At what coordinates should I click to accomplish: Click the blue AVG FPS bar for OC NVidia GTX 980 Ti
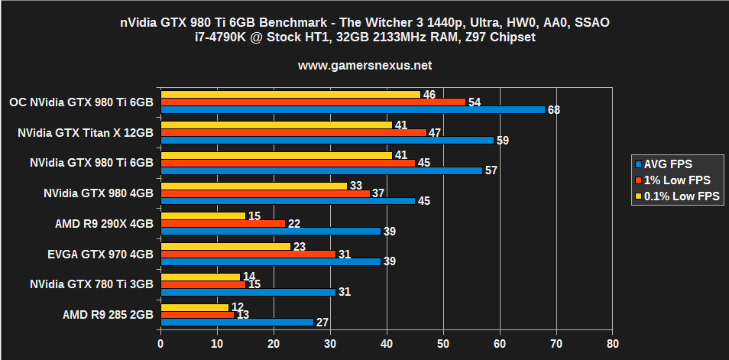point(352,109)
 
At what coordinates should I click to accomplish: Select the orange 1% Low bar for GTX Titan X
point(293,132)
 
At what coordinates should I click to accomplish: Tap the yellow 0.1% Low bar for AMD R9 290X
point(203,216)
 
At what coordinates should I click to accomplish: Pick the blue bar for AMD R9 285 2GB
point(237,322)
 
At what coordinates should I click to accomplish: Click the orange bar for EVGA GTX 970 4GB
point(248,254)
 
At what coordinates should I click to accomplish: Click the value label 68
point(554,110)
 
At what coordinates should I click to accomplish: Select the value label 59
point(503,141)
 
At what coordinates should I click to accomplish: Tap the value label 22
point(293,223)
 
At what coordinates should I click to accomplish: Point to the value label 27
point(322,323)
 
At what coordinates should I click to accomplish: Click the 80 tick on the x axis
point(612,345)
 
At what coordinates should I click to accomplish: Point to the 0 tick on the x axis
point(160,345)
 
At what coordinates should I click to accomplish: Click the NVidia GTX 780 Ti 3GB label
point(92,284)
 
